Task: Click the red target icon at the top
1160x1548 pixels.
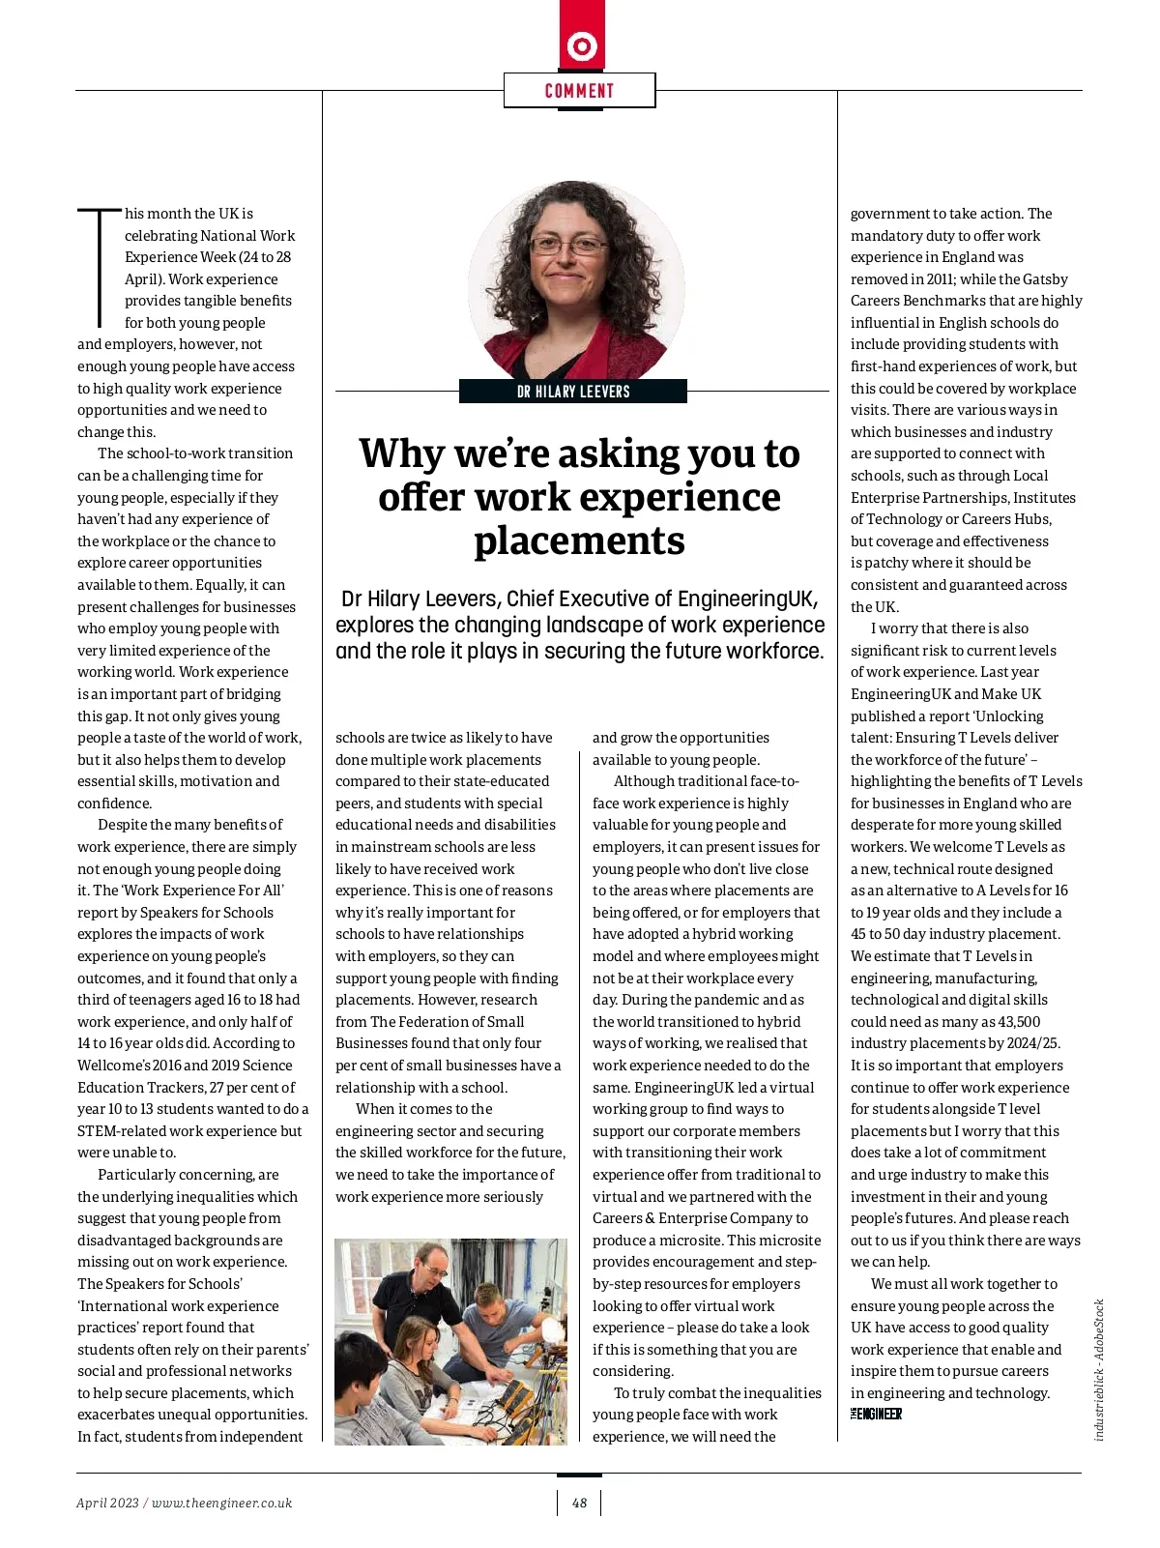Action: pos(582,45)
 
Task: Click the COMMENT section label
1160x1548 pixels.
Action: pos(579,91)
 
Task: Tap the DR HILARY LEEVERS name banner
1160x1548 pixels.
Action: pos(573,392)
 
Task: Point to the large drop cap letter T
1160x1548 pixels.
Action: pos(99,267)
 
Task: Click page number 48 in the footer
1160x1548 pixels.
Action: pos(579,1503)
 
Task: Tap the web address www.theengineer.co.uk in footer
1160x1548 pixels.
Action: pos(221,1503)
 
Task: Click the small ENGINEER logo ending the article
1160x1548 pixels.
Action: pos(876,1415)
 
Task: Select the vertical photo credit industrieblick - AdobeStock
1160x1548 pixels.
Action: pos(1099,1369)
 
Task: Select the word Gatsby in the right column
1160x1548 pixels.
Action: pos(1045,279)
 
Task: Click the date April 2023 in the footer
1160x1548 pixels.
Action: pos(107,1503)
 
